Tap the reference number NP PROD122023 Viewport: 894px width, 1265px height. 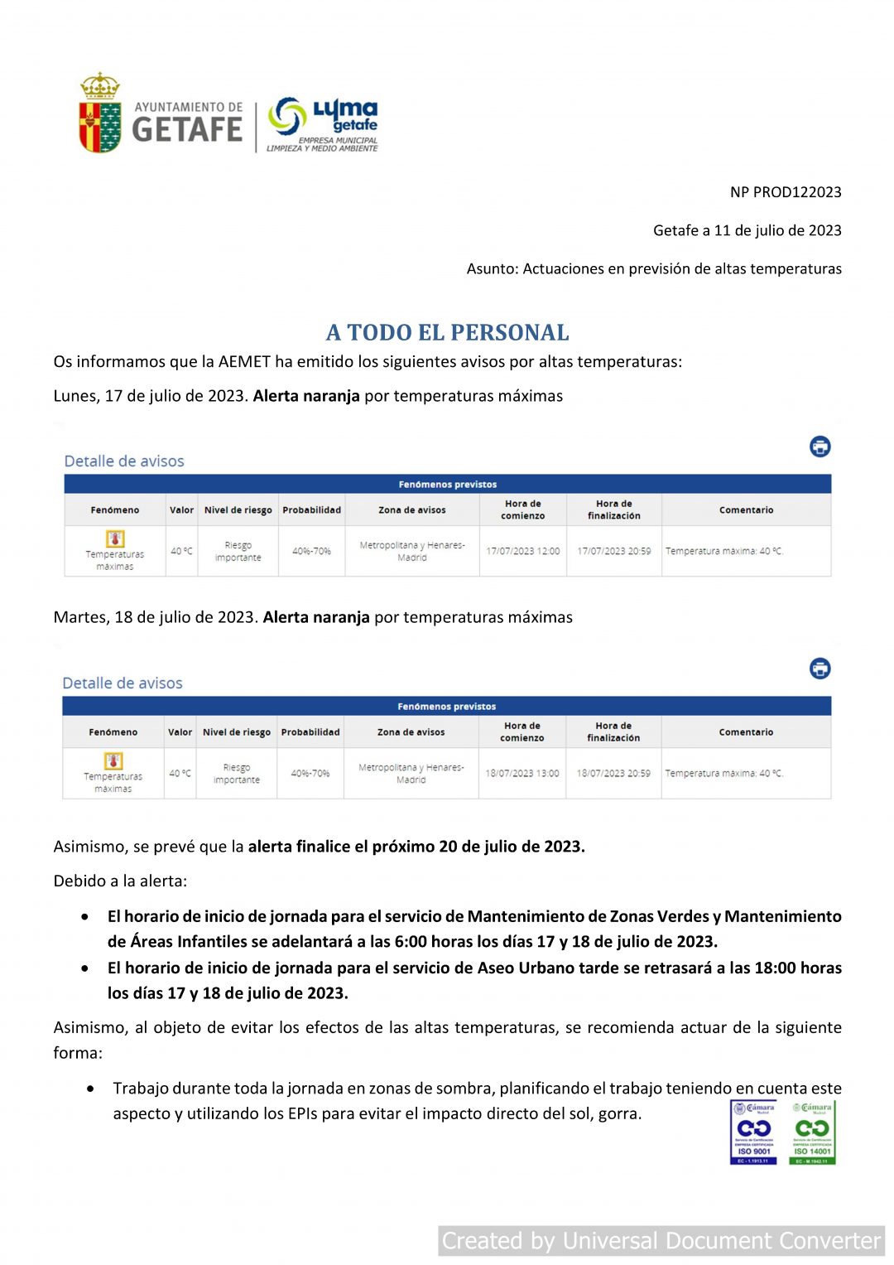785,192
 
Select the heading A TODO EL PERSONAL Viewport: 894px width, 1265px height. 447,333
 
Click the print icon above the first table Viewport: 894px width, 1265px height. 819,447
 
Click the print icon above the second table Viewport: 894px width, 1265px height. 819,669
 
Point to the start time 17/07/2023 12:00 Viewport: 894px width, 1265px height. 522,551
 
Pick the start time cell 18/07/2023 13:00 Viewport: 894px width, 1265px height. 521,773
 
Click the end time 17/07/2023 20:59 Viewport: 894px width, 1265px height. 613,551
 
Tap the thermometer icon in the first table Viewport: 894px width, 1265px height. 115,538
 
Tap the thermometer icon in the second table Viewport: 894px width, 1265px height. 113,760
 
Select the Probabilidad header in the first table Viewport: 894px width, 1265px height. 311,510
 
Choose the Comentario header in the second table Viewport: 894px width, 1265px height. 746,732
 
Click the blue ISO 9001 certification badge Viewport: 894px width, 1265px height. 753,1132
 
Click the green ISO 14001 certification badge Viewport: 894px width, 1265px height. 812,1132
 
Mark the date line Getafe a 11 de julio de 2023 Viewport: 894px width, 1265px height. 747,230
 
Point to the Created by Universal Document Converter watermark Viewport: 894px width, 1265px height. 661,1241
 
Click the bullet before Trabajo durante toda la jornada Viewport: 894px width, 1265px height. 90,1089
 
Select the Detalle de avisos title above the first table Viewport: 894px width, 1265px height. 124,461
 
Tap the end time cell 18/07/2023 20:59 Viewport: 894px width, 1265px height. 613,773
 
